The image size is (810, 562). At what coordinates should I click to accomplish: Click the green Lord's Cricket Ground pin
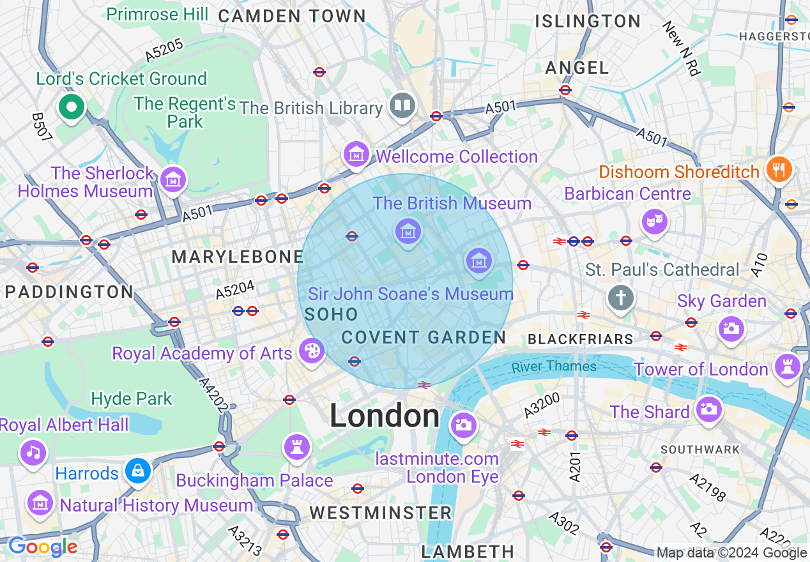[72, 107]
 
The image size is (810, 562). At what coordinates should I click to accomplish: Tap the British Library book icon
[402, 105]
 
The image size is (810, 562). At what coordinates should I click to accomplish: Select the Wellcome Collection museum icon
[356, 154]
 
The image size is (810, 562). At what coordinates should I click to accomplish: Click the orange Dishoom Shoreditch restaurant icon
[779, 169]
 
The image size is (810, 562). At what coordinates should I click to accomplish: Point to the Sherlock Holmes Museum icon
[172, 179]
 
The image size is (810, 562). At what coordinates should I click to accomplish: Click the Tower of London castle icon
[787, 367]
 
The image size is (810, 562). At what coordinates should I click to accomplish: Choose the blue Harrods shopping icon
[137, 471]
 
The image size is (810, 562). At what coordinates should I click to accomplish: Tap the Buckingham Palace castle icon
[297, 446]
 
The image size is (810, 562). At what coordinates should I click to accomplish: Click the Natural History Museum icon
[40, 503]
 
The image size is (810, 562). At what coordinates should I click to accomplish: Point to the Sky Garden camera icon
[731, 330]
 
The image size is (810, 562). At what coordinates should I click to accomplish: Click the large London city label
[385, 416]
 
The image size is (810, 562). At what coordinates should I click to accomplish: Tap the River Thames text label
[554, 367]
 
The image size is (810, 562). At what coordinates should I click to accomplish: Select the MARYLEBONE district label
[237, 257]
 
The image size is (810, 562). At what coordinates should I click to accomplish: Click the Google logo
[42, 547]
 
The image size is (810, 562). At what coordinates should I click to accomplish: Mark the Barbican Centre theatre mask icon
[655, 222]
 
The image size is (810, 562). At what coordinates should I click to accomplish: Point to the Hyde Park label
[132, 399]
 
